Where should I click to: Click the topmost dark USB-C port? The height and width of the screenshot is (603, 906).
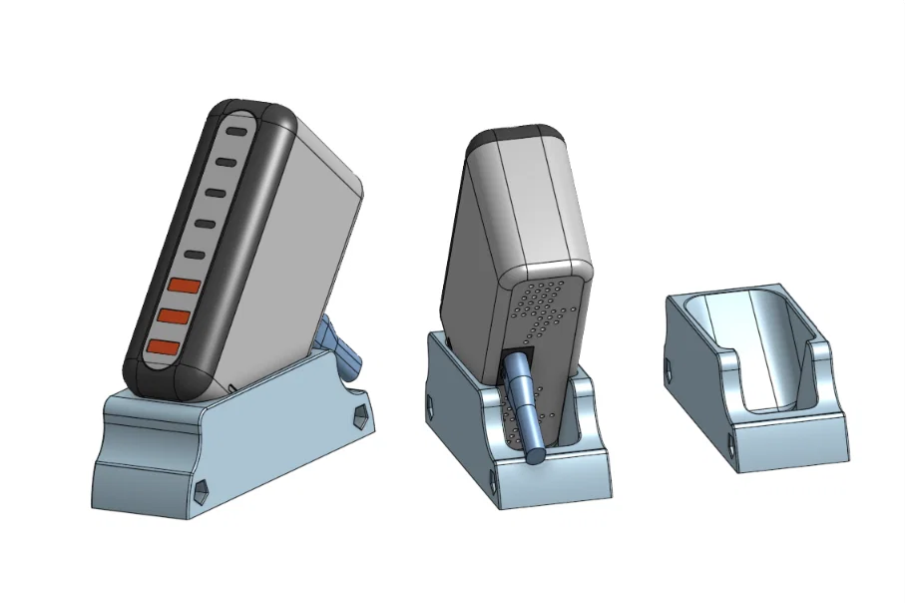pyautogui.click(x=237, y=131)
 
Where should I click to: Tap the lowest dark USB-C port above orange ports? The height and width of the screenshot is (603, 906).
pyautogui.click(x=195, y=256)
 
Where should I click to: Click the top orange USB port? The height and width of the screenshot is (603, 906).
pyautogui.click(x=184, y=286)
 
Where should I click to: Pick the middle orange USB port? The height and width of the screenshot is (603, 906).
pyautogui.click(x=174, y=315)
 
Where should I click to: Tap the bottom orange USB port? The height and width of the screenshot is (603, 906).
pyautogui.click(x=164, y=346)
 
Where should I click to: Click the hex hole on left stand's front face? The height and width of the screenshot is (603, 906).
pyautogui.click(x=201, y=488)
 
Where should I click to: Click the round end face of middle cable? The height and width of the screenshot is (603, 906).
pyautogui.click(x=536, y=455)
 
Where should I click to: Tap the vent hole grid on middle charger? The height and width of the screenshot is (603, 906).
pyautogui.click(x=544, y=309)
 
